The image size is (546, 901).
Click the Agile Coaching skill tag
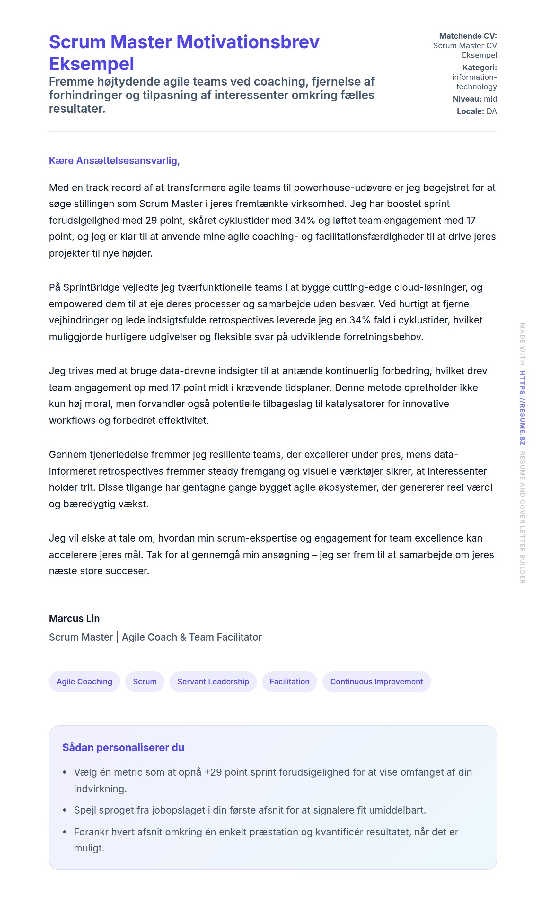[84, 682]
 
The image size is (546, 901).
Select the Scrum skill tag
[145, 682]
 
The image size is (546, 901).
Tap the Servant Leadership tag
[213, 682]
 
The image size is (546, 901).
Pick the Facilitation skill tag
[289, 682]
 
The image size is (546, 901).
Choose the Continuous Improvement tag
[376, 682]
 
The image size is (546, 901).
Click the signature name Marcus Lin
[74, 618]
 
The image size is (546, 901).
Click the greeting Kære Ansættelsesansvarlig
[114, 160]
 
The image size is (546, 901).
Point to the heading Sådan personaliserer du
[123, 747]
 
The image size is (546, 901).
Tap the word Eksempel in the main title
[91, 64]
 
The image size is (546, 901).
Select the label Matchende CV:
[468, 36]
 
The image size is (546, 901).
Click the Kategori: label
[479, 67]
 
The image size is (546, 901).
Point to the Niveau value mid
[490, 99]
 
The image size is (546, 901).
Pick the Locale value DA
[492, 111]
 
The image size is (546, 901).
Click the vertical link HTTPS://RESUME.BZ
[522, 408]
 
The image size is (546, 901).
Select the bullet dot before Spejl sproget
[65, 810]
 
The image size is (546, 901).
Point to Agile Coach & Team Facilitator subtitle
[192, 637]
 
